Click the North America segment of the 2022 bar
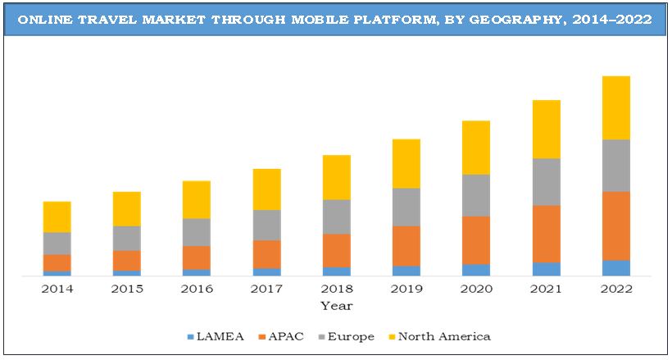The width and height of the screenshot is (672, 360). (x=616, y=107)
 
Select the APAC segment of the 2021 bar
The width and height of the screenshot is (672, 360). (x=546, y=234)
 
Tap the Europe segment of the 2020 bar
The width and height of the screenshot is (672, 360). (x=476, y=195)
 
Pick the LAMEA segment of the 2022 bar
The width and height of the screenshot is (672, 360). (x=616, y=268)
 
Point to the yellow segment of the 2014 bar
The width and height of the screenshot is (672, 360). (x=57, y=216)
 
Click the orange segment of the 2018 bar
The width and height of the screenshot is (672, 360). (x=336, y=250)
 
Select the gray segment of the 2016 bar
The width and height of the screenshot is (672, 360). (x=197, y=232)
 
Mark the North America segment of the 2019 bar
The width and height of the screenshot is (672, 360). (x=406, y=163)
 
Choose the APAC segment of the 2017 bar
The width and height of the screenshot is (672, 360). (x=266, y=254)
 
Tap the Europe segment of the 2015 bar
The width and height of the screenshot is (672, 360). (x=127, y=238)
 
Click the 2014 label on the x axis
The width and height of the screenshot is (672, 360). (x=57, y=289)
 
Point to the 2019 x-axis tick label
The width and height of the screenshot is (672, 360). (x=406, y=289)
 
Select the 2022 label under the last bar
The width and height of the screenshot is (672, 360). (x=616, y=289)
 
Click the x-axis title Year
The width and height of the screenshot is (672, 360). (x=336, y=306)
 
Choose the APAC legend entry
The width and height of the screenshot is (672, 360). (x=284, y=336)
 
